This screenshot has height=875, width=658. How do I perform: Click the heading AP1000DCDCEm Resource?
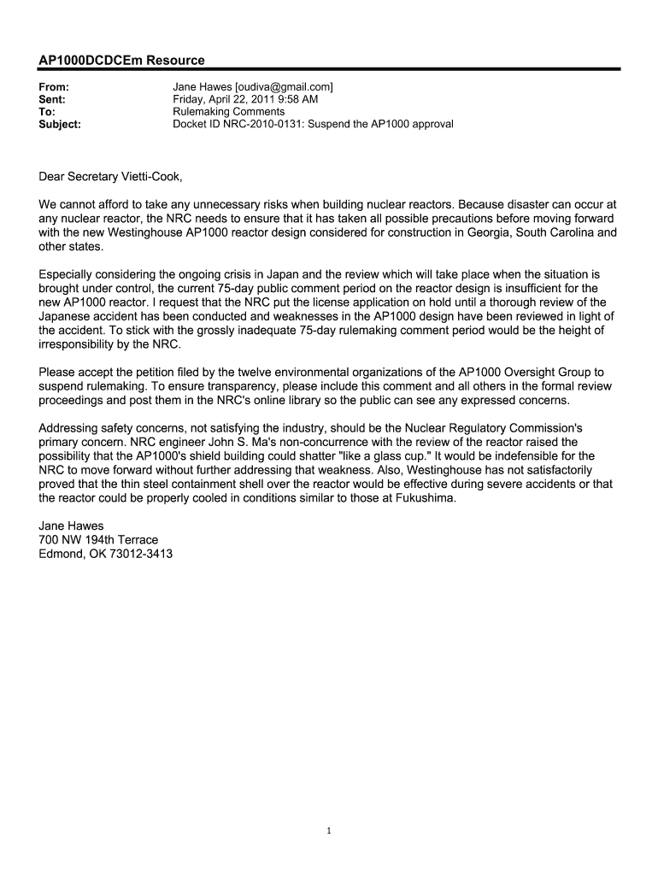coord(122,61)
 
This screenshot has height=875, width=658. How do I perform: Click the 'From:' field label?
coord(54,87)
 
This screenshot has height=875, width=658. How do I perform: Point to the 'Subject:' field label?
coord(61,124)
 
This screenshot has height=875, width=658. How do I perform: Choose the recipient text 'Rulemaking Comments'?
coord(229,112)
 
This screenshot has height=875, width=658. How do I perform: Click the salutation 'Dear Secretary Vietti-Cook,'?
coord(111,178)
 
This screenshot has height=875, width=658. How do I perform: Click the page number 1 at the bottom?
coord(329,831)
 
